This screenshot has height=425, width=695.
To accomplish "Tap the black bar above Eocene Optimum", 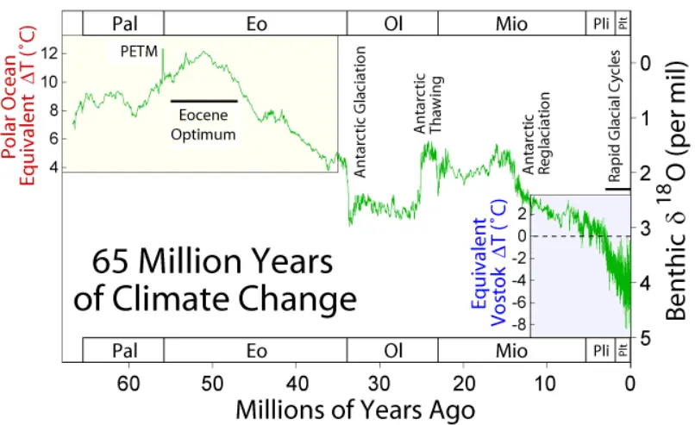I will click(x=203, y=101).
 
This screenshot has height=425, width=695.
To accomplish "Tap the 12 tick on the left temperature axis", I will click(x=48, y=53).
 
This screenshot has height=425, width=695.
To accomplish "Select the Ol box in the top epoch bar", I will click(x=392, y=23).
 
